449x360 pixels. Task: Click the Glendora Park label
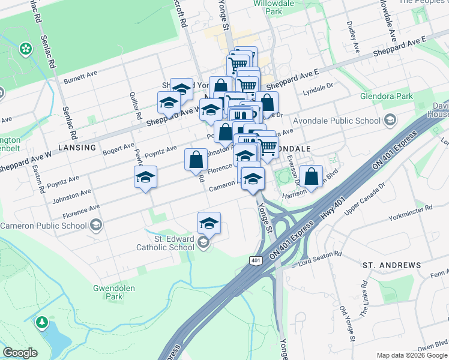(387, 96)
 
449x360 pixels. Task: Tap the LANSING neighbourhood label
(77, 147)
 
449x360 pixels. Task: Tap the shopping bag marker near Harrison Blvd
(312, 176)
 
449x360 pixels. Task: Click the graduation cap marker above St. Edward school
(209, 223)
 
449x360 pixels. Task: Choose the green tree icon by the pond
(42, 322)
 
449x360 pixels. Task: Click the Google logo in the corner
(20, 353)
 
